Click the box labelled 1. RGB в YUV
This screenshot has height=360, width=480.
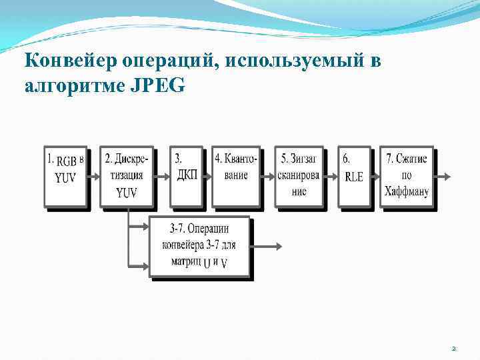[65, 176]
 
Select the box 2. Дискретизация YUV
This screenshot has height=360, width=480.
[126, 176]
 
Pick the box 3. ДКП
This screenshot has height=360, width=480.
[186, 176]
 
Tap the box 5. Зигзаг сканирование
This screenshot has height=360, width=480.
[298, 176]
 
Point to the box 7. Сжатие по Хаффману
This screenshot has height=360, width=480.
[406, 176]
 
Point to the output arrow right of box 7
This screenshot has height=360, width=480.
[443, 177]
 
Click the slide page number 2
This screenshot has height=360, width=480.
[453, 349]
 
